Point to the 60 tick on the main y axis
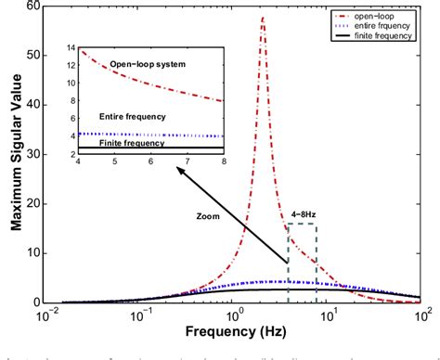35,6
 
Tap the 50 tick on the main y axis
35,56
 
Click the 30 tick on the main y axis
35,154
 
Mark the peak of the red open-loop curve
264,18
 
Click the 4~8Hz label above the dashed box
302,215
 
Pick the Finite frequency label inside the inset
131,144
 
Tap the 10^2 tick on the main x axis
420,315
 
